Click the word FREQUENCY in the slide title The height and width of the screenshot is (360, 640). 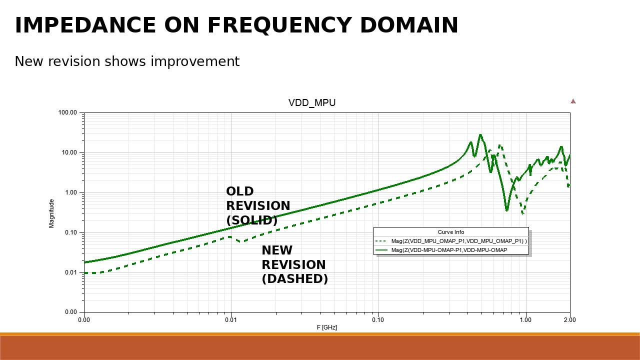coord(280,25)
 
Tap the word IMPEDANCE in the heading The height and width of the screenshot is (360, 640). coord(85,25)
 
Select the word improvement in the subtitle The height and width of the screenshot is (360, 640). coord(195,61)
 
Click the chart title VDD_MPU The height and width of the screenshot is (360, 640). coord(312,103)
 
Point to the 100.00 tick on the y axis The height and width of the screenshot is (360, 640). coord(67,112)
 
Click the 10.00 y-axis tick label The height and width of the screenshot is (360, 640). coord(69,152)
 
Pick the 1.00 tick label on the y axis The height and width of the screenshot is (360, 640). coord(71,192)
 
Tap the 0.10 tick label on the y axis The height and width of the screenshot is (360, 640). coord(71,232)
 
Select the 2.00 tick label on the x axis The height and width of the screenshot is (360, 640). coord(569,319)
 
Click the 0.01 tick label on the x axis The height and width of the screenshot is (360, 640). coord(231,319)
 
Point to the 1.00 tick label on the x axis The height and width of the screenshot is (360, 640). coord(525,319)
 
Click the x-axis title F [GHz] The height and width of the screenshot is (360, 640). coord(327,327)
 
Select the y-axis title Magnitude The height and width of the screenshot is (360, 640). coord(51,213)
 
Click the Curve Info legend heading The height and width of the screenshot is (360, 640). coord(451,232)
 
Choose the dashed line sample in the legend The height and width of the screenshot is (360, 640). coord(381,241)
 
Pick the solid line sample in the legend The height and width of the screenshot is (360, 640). coord(381,250)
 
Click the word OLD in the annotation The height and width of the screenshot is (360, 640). coord(240,191)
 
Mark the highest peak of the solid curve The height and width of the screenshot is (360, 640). coord(480,134)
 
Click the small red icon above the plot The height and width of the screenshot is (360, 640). coord(573,101)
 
